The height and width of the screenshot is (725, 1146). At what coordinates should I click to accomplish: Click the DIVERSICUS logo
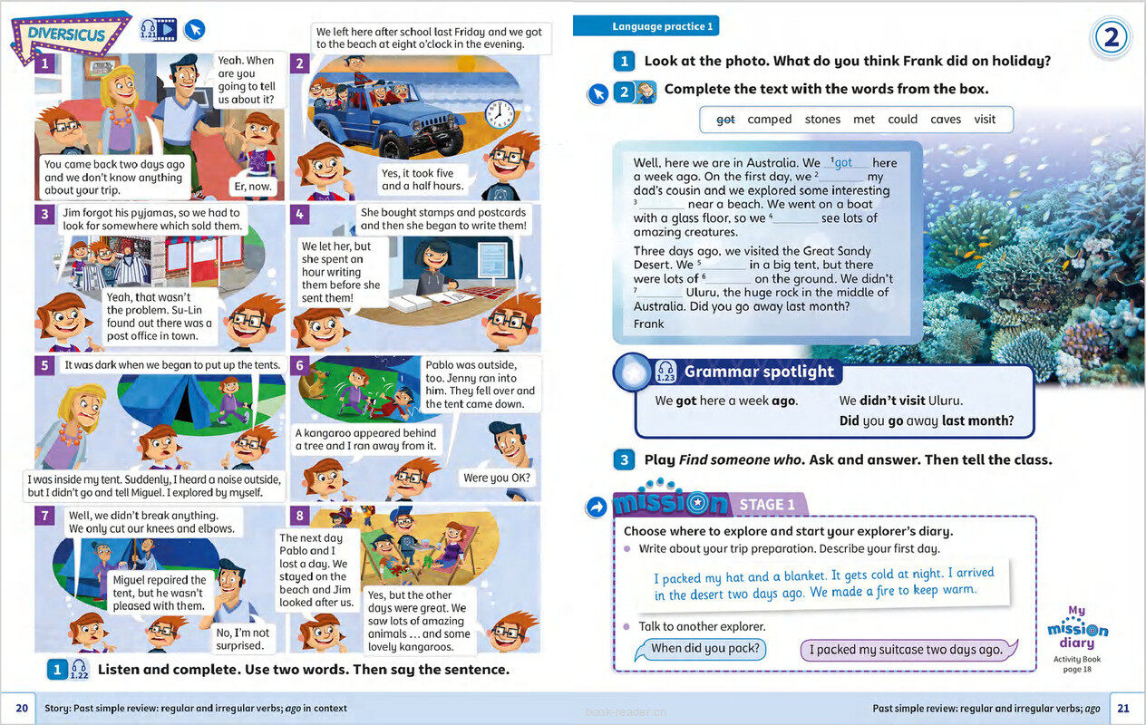tap(69, 35)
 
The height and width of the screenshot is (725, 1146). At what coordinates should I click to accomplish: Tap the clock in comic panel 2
tap(499, 113)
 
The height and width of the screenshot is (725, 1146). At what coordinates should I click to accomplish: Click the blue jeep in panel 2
tap(381, 118)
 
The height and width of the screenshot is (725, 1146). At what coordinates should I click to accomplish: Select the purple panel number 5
tap(44, 365)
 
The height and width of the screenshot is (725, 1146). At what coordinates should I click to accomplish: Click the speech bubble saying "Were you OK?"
tap(497, 478)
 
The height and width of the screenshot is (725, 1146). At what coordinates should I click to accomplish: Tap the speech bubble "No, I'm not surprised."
tap(242, 639)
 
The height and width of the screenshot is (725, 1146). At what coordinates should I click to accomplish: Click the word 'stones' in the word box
tap(822, 120)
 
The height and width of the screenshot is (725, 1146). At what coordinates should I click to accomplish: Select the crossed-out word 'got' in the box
tap(725, 120)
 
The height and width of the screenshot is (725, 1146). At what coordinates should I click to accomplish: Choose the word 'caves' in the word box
tap(946, 120)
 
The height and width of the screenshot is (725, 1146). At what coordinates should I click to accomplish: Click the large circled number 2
tap(1111, 39)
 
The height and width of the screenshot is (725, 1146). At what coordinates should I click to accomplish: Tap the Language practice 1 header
tap(664, 26)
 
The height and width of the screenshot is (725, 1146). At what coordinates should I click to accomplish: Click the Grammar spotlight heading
tap(758, 372)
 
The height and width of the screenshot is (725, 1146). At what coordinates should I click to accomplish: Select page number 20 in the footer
tap(23, 708)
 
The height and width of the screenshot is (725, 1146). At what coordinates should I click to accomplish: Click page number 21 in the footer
tap(1122, 708)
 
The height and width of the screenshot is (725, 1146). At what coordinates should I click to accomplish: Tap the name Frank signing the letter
tap(648, 324)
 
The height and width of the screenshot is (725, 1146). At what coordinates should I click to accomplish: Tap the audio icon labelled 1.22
tap(79, 670)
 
